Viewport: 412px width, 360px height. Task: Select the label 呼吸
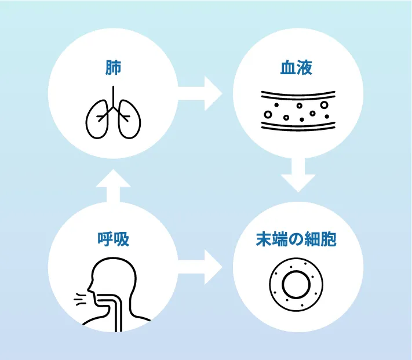114,239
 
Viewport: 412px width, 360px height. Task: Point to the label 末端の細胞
297,239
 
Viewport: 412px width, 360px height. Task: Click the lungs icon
114,115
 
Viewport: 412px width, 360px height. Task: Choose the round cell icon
297,283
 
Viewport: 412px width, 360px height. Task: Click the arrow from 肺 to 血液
200,93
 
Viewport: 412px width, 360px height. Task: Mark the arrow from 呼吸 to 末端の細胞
200,267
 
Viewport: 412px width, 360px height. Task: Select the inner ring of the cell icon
297,283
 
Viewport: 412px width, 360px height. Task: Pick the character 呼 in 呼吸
105,239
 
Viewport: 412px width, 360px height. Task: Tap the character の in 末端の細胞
297,239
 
